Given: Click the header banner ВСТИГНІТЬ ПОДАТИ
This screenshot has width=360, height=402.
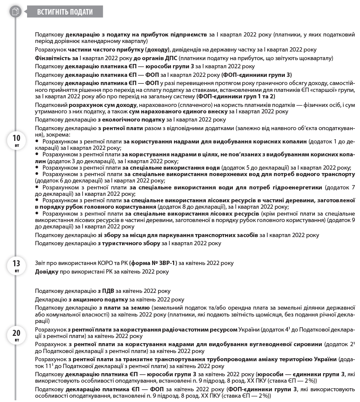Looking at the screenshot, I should click(x=65, y=12).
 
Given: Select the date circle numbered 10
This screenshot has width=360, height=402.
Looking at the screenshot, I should click(x=16, y=140).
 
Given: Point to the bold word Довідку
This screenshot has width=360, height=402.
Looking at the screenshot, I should click(x=47, y=271).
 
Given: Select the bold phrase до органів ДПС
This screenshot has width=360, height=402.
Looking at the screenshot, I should click(x=156, y=58).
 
